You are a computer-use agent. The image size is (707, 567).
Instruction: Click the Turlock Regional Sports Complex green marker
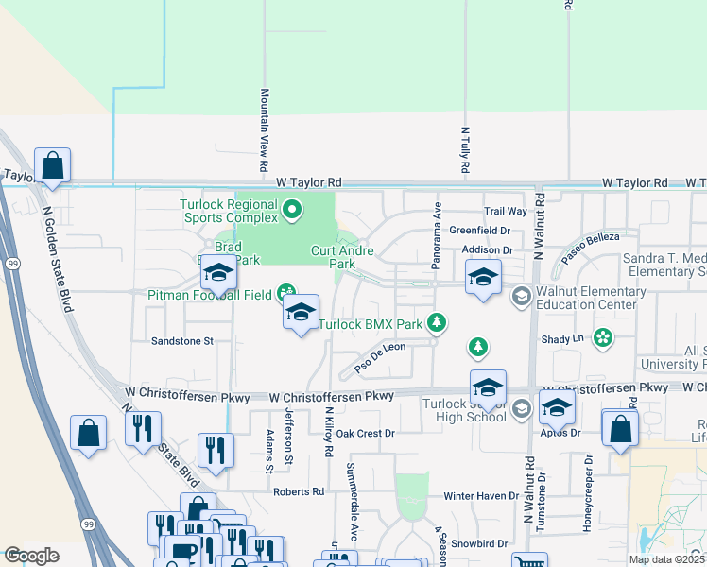(292, 210)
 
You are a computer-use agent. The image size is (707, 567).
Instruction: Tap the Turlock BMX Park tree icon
(436, 324)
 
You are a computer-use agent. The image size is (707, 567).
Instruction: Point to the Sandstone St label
(183, 340)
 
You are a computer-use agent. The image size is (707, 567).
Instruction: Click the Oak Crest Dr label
(364, 434)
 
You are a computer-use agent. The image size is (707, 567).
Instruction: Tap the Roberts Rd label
(298, 491)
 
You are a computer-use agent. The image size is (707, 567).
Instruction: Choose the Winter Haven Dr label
(481, 496)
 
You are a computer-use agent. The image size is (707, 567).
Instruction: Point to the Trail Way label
(505, 212)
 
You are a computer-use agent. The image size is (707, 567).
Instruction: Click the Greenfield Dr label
(479, 230)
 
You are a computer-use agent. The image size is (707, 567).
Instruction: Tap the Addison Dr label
(487, 249)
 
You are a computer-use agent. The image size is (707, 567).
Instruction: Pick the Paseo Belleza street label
(591, 248)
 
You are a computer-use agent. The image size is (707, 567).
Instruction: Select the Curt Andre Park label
(342, 257)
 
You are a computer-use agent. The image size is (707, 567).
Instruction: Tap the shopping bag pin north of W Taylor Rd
(53, 165)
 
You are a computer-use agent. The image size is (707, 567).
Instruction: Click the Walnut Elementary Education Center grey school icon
(521, 298)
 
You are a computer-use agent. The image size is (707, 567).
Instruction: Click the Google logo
(31, 556)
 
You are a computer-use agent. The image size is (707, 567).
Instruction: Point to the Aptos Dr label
(562, 433)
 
